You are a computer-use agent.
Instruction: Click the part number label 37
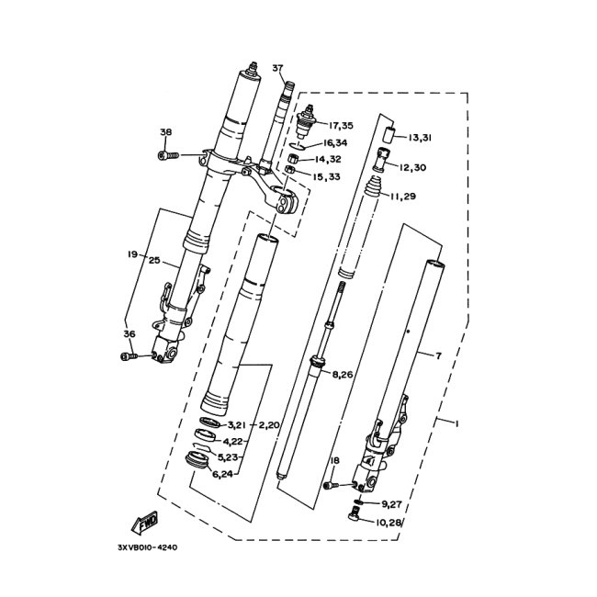coord(277,68)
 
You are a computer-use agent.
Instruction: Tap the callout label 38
coord(165,132)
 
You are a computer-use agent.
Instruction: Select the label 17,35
coord(340,125)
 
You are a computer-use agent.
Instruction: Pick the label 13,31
coord(420,138)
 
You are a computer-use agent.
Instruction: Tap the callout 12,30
coord(415,167)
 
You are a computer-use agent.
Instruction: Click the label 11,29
coord(403,197)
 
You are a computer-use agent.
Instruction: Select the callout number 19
coord(132,253)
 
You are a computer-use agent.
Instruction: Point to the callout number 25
coord(154,262)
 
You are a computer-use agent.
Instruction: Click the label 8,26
coord(344,374)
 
